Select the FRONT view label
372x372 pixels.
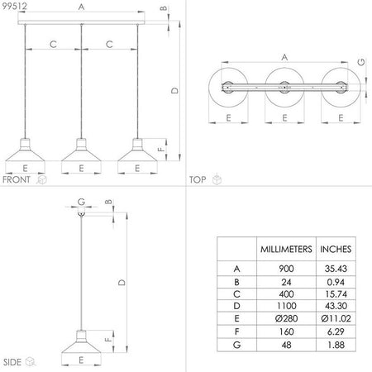tap(17, 179)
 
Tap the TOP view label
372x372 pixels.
tap(198, 179)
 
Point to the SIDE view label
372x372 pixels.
tap(12, 362)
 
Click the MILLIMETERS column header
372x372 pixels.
tap(285, 248)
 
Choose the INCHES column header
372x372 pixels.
tap(336, 248)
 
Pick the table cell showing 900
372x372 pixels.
tap(285, 268)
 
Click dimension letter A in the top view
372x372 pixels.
tap(284, 58)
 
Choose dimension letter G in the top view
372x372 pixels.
tap(361, 62)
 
